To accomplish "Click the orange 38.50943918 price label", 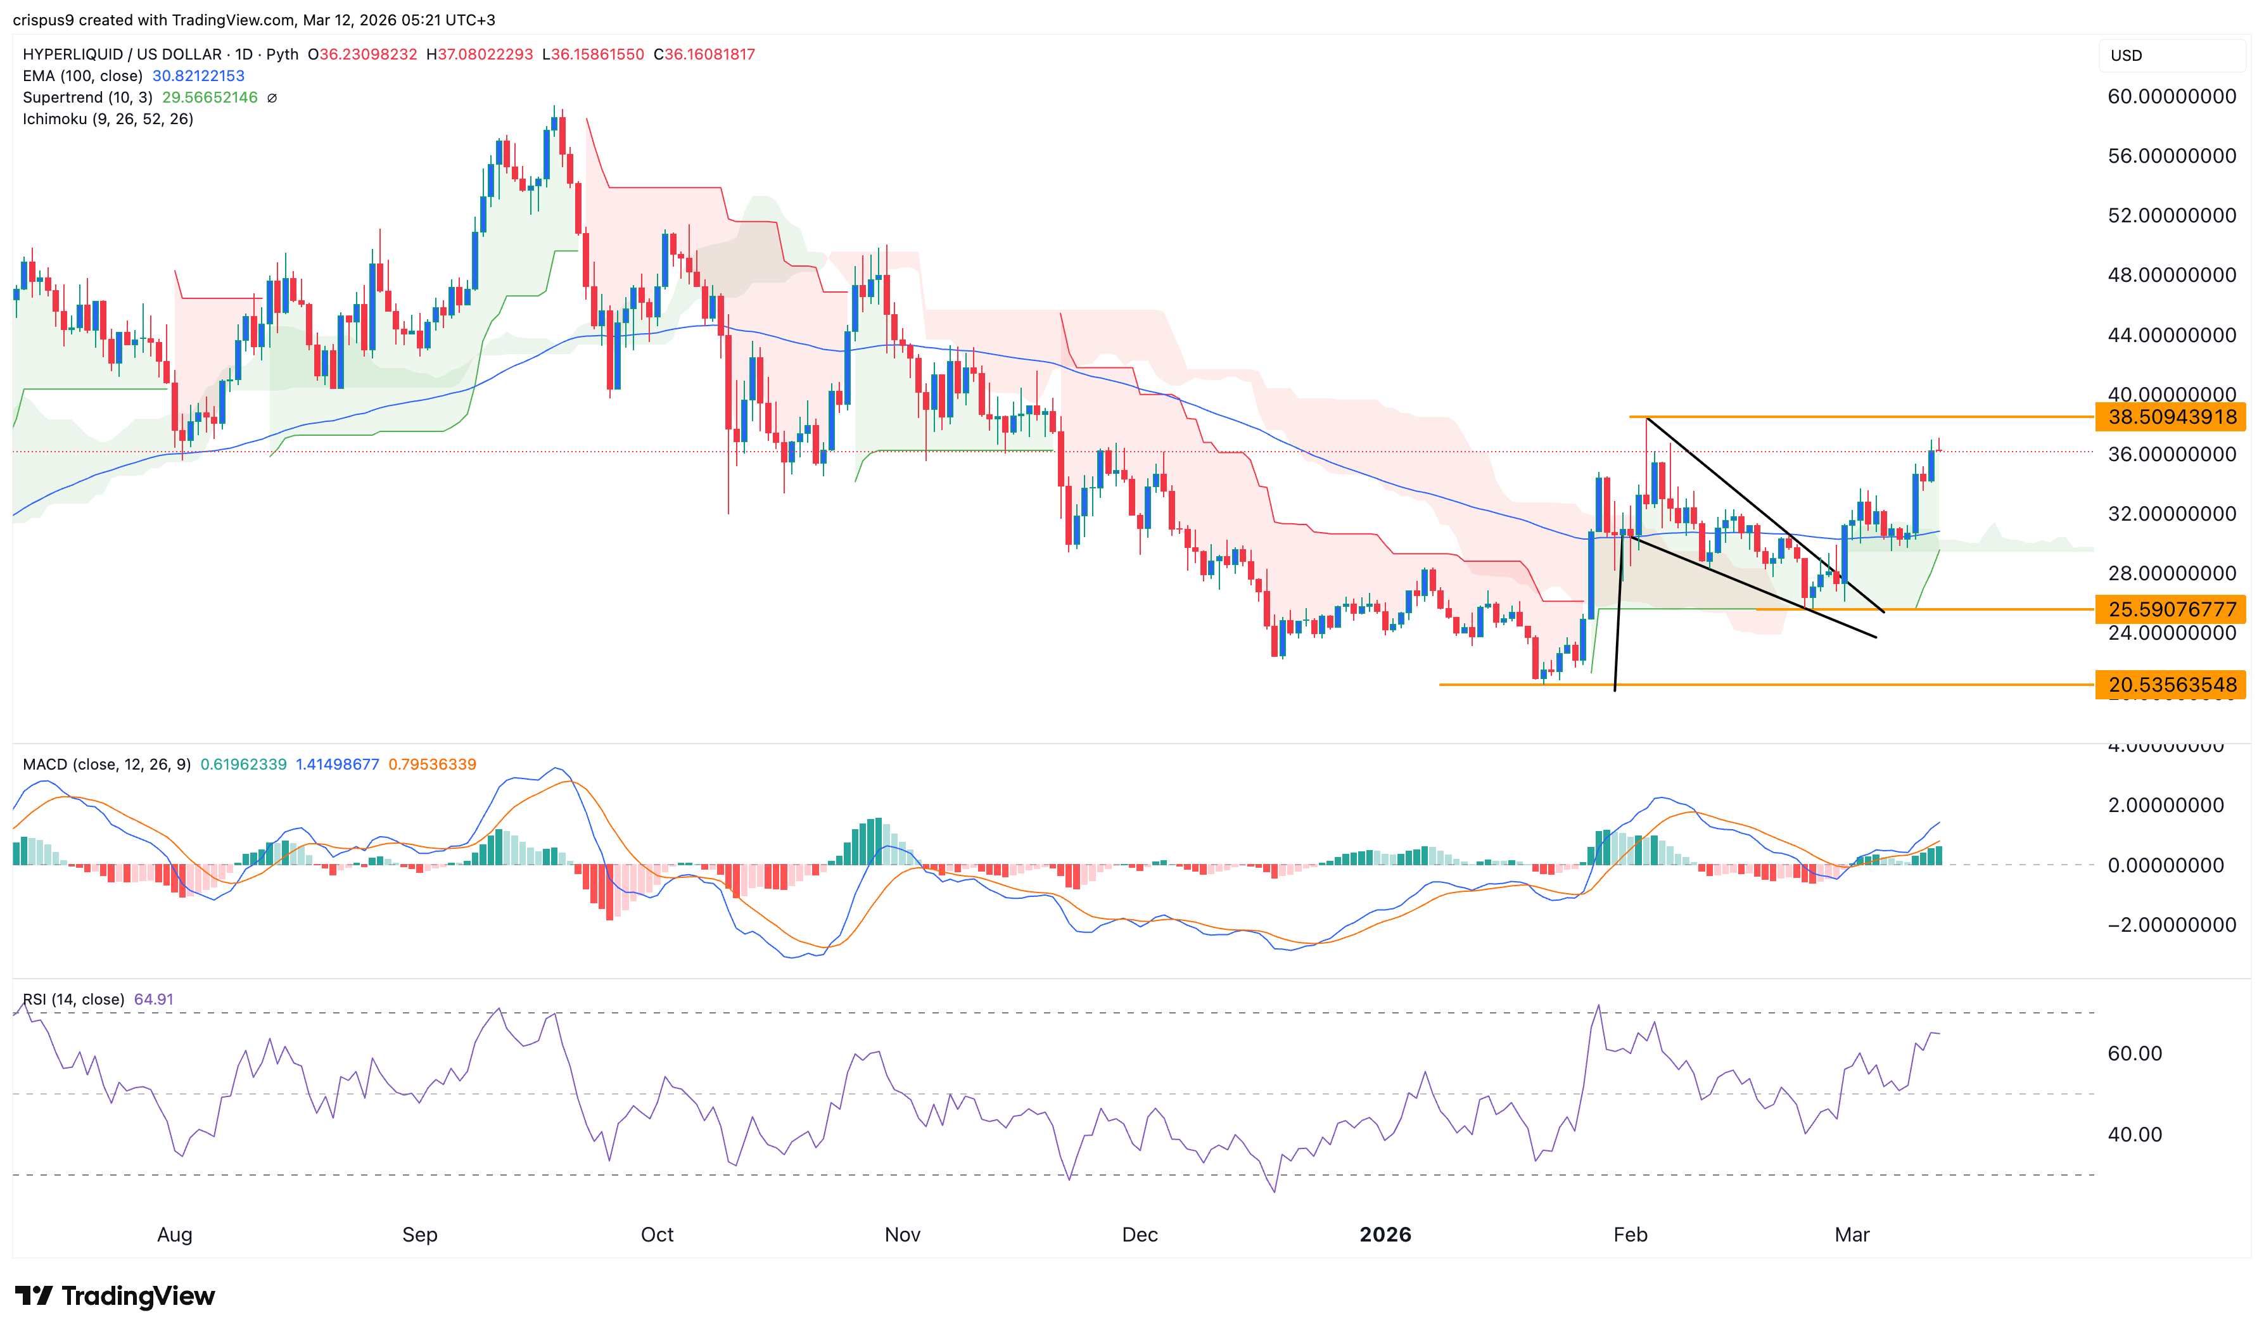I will [x=2170, y=417].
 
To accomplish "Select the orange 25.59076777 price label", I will [x=2170, y=609].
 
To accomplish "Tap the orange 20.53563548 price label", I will [x=2170, y=685].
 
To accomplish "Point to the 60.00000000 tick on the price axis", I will [x=2170, y=97].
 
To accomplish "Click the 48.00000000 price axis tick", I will [x=2170, y=275].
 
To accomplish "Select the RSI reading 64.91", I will [x=154, y=1000].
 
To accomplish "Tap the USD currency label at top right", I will [x=2126, y=56].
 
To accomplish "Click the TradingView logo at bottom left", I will [x=115, y=1295].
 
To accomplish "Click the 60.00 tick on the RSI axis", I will [x=2135, y=1053].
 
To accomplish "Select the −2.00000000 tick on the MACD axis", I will [x=2170, y=925].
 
